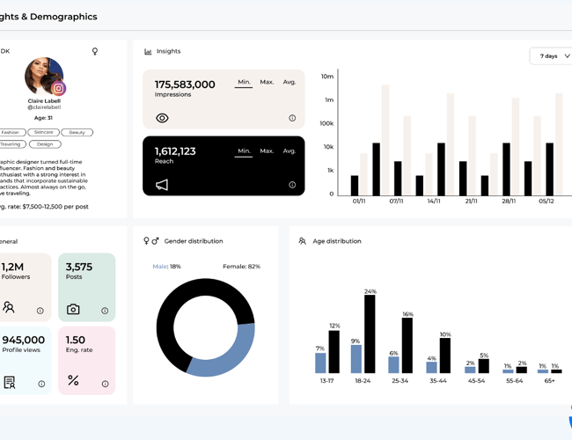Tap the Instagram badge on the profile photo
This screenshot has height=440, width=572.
[59, 88]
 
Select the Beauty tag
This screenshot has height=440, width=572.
[77, 133]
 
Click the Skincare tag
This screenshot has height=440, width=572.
[43, 133]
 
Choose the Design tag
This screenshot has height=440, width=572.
[45, 144]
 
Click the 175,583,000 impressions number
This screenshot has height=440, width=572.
[185, 84]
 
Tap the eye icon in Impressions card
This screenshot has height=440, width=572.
[162, 118]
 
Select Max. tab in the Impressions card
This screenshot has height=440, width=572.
[267, 82]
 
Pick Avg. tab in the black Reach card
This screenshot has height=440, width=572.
[290, 150]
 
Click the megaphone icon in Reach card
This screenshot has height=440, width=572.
[162, 185]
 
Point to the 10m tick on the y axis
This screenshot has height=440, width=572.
[327, 77]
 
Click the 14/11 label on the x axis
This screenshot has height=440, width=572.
[434, 202]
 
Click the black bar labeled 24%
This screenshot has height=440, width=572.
[370, 334]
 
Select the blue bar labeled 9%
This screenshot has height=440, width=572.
[356, 359]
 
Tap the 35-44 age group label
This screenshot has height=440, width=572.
[437, 381]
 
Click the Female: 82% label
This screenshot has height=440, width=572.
[241, 267]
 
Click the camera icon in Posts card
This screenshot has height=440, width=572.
[73, 310]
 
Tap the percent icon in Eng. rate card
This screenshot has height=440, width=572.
[73, 380]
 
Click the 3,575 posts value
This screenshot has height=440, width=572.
[79, 267]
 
